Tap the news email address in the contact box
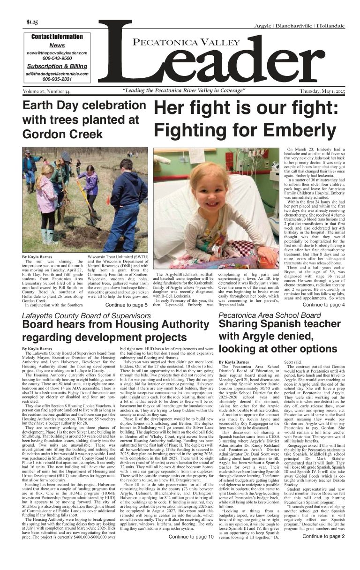57,53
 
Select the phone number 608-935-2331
57,79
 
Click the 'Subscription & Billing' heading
57,66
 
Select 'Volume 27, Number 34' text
46,90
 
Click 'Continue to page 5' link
126,305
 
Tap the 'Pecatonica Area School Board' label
270,315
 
